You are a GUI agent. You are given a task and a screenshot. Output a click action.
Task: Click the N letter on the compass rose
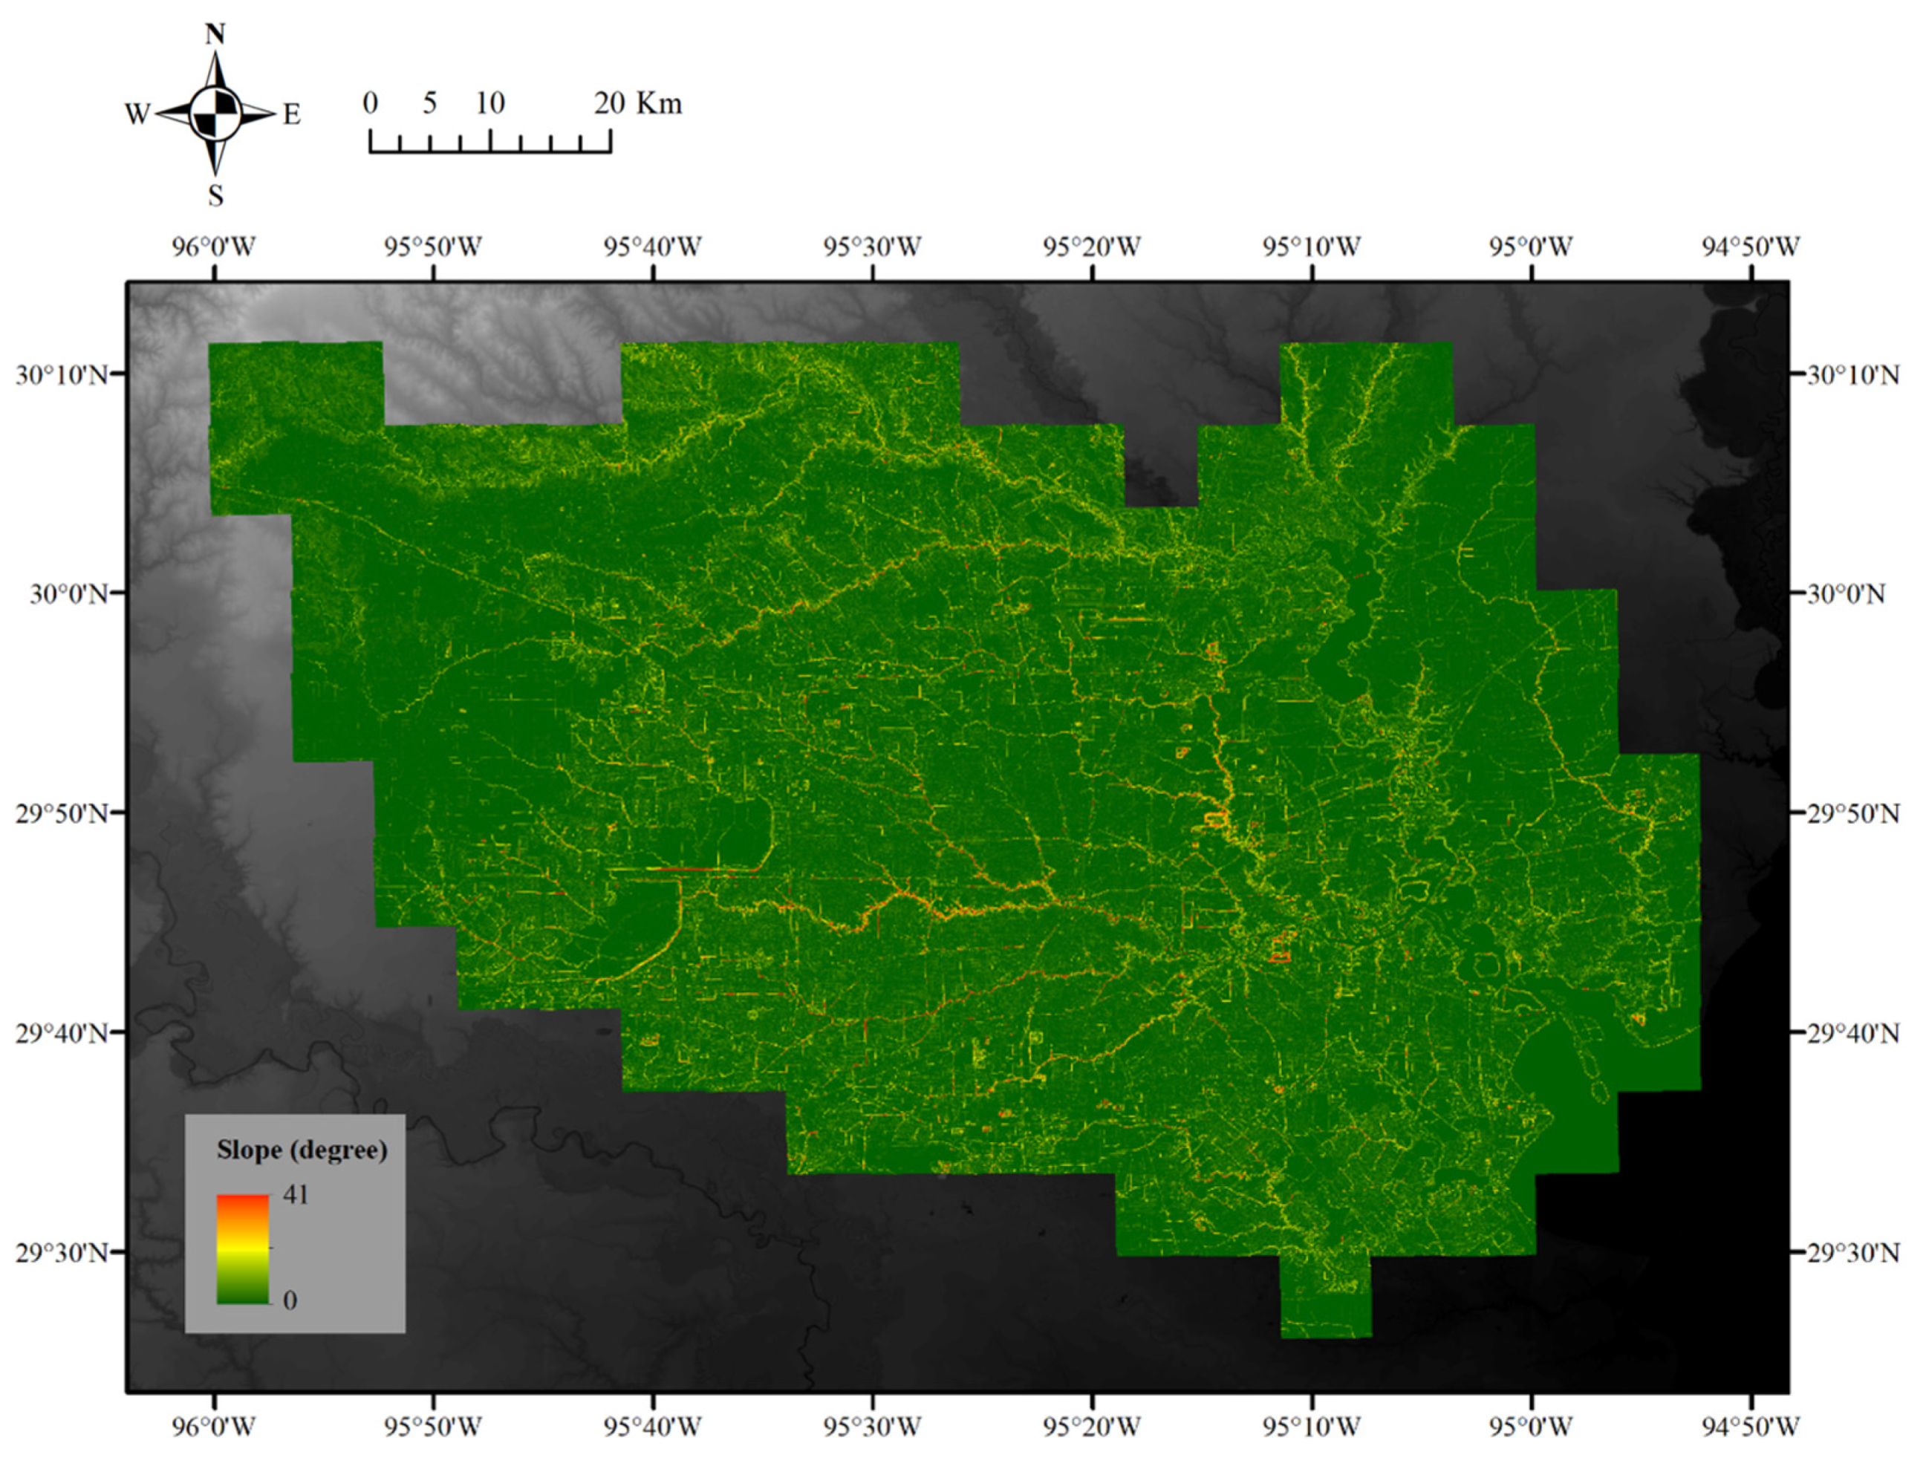coord(215,34)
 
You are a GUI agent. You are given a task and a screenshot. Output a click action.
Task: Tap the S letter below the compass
coord(215,195)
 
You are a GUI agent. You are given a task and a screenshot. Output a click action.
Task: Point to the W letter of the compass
coord(137,114)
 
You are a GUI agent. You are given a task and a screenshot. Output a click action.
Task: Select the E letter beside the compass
coord(292,114)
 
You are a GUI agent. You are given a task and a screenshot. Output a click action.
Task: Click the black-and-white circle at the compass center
coord(215,114)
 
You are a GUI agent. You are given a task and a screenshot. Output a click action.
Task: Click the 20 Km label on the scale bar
coord(637,103)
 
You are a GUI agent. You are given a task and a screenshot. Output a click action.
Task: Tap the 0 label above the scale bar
coord(370,103)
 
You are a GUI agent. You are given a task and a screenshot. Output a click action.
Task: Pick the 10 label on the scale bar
coord(489,103)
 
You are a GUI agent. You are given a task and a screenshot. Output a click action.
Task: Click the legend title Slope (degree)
coord(302,1150)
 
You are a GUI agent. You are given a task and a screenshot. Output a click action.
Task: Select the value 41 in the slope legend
coord(296,1194)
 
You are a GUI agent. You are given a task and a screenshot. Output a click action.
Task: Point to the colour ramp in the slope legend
coord(243,1248)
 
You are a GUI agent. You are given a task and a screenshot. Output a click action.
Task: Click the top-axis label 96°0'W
coord(214,247)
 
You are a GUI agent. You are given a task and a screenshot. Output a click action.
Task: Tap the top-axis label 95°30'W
coord(872,247)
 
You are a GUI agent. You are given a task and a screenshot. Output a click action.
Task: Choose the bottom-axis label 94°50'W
coord(1751,1427)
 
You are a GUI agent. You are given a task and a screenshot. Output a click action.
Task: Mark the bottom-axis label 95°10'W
coord(1312,1427)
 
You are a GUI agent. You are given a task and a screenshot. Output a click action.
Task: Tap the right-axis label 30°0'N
coord(1845,594)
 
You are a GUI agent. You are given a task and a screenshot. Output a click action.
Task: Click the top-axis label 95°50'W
coord(433,247)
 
